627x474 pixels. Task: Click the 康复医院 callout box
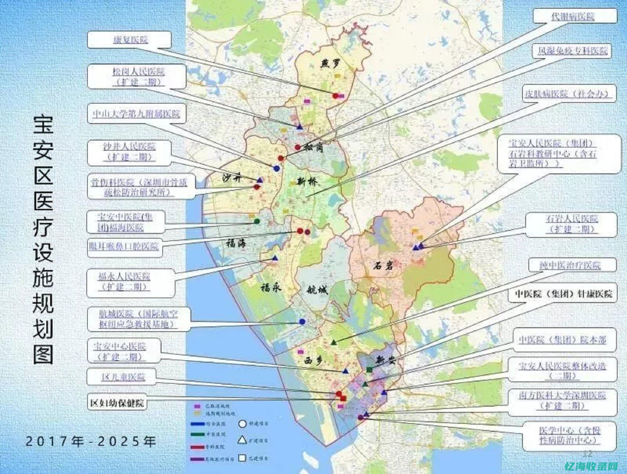tap(129, 40)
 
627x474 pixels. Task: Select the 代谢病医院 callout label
tap(575, 16)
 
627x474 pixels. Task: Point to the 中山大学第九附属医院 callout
tap(137, 114)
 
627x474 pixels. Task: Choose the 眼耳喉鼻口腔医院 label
tap(124, 247)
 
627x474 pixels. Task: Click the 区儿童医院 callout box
tap(123, 377)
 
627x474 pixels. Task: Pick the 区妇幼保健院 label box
tap(117, 403)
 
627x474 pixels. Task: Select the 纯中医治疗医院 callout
tap(572, 265)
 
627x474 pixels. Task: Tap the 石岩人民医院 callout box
tap(571, 224)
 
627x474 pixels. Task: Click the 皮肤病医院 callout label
tap(568, 94)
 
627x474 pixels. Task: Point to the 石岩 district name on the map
tap(383, 266)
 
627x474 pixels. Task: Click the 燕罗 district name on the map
tap(330, 63)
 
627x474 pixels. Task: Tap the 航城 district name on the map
tap(317, 289)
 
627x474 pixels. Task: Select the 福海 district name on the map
tap(236, 243)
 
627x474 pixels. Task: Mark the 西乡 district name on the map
tap(312, 360)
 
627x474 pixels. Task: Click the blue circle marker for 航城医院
tap(302, 322)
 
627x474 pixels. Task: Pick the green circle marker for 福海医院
tap(257, 221)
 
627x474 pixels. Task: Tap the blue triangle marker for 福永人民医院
tap(275, 258)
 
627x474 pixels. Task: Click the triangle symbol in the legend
tap(242, 440)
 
